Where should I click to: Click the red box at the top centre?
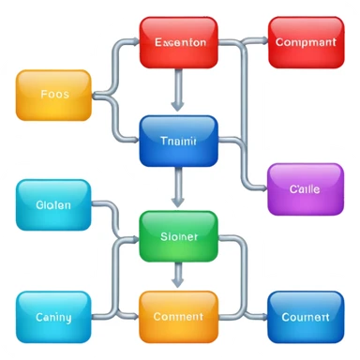(178, 42)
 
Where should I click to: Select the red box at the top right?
(306, 42)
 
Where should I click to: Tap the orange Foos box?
(54, 95)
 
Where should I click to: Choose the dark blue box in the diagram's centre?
(178, 141)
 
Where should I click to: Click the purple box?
(305, 189)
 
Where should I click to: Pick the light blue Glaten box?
(54, 205)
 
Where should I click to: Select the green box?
(178, 236)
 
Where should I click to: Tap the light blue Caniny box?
(54, 317)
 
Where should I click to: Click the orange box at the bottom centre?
(178, 317)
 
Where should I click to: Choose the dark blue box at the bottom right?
(305, 317)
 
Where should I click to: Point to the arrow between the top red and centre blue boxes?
(178, 91)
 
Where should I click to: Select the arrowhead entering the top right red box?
(262, 41)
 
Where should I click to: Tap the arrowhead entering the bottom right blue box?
(262, 317)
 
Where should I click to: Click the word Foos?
(55, 95)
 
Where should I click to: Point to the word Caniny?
(54, 317)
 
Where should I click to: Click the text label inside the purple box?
(305, 188)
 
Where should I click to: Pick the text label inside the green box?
(178, 236)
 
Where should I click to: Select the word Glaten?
(54, 205)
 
